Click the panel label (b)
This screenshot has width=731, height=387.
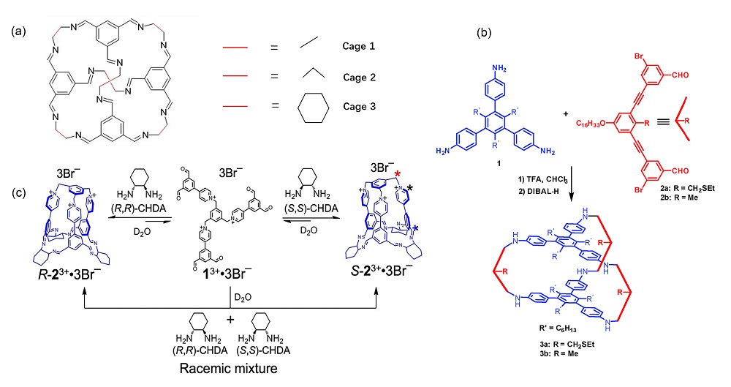tap(485, 34)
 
